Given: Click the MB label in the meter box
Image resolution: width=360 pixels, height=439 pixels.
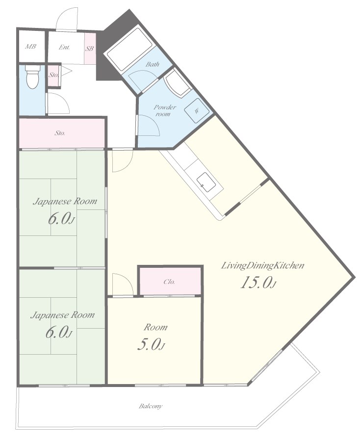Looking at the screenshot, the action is (30, 47).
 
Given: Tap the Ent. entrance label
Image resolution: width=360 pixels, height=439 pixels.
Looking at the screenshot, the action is (64, 47).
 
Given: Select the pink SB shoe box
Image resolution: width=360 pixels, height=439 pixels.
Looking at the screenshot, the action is (90, 49).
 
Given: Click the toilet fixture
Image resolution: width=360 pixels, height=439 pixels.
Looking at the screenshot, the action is (33, 77).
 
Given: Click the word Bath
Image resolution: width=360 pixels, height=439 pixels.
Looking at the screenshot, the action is (152, 64).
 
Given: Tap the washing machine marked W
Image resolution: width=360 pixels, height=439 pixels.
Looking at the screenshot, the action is (197, 110).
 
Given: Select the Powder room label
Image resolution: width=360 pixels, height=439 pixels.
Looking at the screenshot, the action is (165, 110).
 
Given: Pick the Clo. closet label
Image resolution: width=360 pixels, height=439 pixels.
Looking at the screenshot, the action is (169, 282).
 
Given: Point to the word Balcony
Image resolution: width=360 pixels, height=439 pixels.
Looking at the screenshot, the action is (151, 406).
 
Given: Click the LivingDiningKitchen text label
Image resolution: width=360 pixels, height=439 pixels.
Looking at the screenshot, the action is (262, 265).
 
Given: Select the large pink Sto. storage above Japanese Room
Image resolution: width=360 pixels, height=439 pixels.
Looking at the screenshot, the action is (62, 133).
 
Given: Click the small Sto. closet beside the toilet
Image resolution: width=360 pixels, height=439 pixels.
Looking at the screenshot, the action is (53, 75).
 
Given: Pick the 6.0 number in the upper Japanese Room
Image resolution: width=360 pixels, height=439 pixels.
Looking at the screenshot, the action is (59, 219).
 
